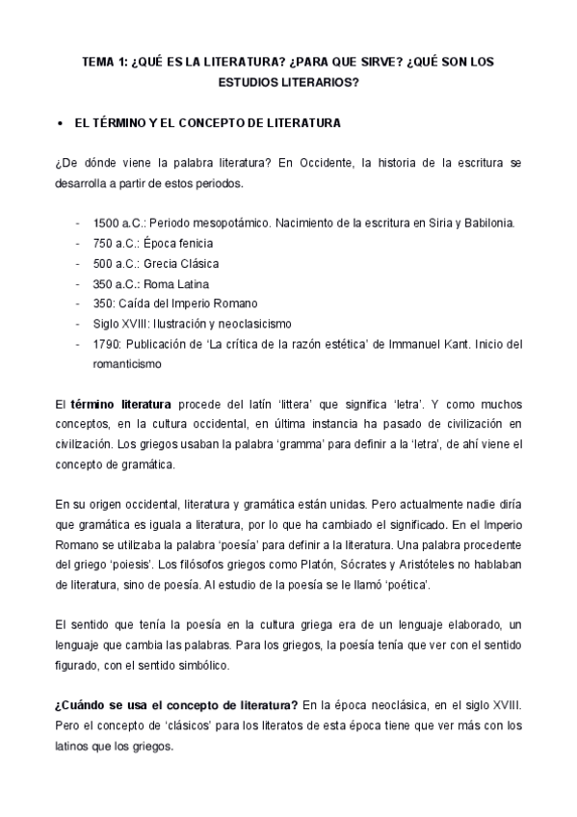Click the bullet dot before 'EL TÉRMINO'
click(x=61, y=124)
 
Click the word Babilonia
click(x=487, y=223)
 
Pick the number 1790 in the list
click(x=106, y=344)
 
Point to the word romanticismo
click(x=127, y=364)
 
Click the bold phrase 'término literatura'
click(x=120, y=405)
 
